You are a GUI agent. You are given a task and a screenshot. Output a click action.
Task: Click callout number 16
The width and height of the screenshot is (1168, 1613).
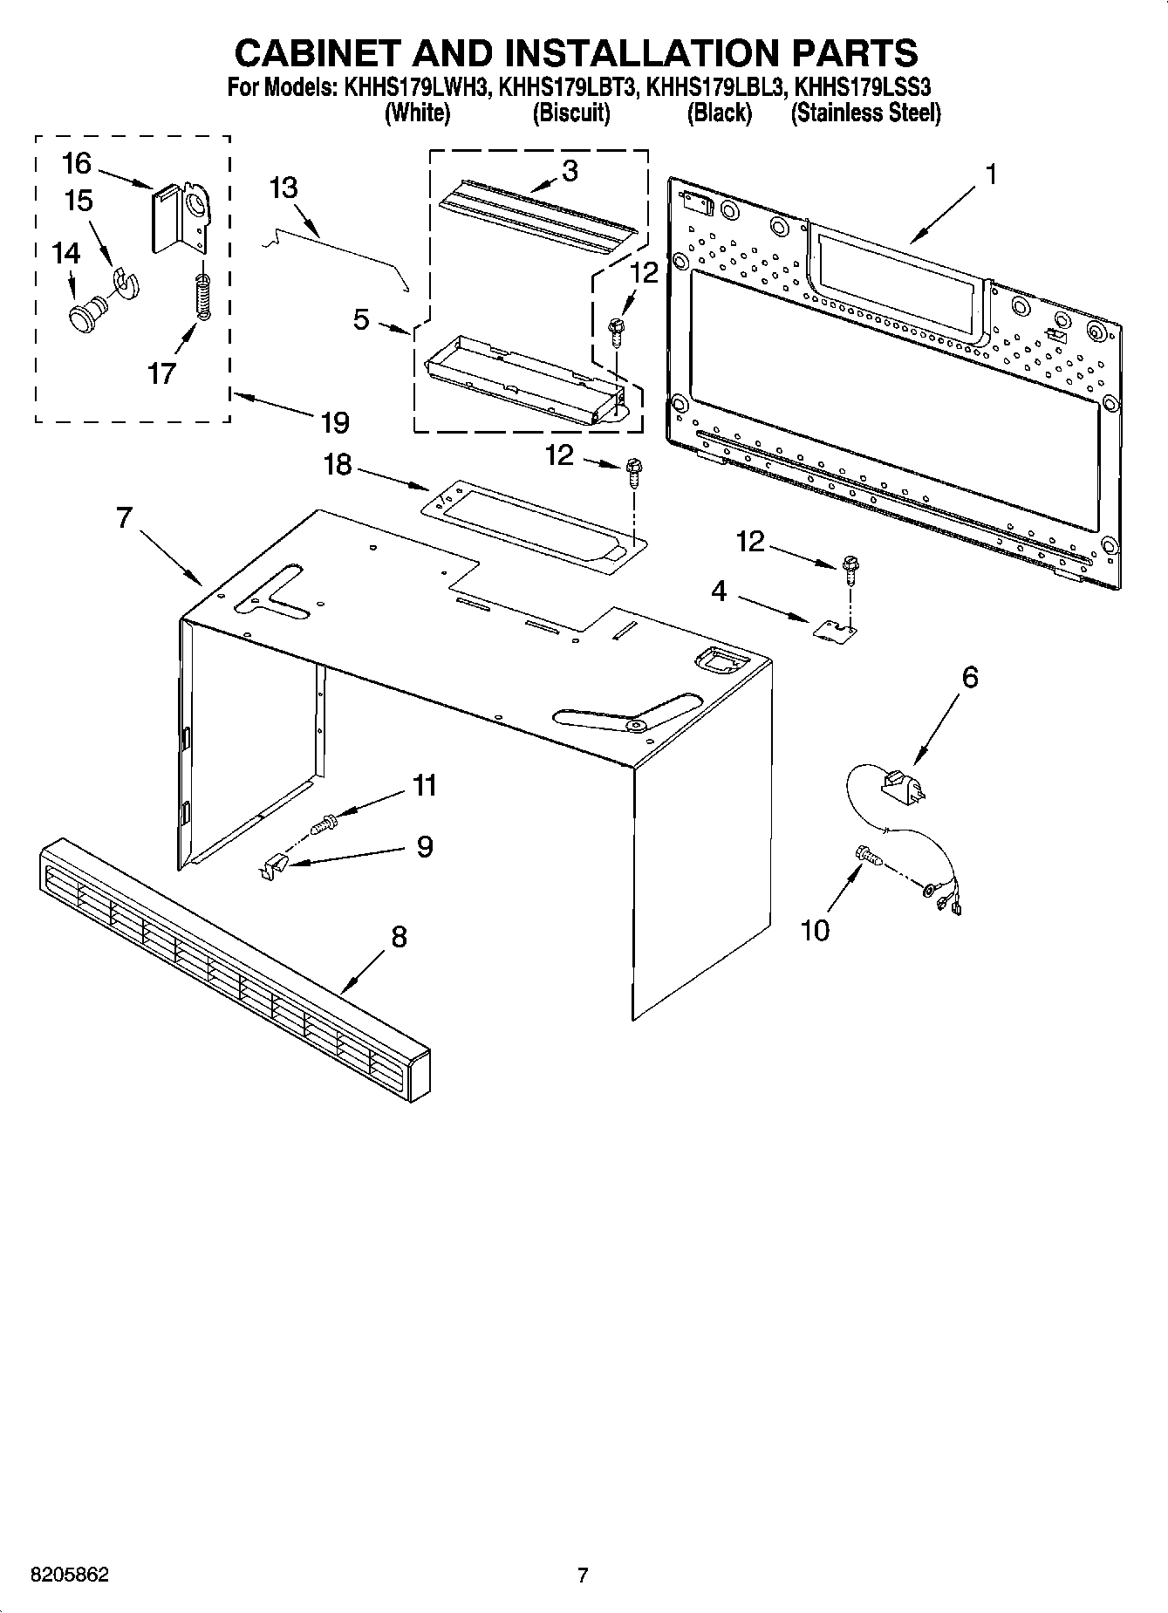(x=77, y=163)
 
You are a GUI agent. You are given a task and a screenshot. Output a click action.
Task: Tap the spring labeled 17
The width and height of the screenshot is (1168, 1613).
(x=202, y=297)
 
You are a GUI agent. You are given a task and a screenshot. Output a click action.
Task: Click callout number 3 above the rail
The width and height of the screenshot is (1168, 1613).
(x=570, y=170)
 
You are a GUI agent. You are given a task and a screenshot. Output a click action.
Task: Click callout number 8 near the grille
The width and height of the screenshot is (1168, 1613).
(x=398, y=937)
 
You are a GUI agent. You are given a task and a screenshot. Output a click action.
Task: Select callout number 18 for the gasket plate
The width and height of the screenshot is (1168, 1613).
(x=338, y=464)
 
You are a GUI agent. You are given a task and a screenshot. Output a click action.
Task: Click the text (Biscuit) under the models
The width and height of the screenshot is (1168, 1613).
(x=571, y=113)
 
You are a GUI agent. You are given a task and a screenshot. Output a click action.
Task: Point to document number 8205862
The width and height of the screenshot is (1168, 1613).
(x=70, y=1575)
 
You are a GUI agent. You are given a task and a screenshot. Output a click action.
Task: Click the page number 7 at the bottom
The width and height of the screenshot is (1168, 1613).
(x=583, y=1575)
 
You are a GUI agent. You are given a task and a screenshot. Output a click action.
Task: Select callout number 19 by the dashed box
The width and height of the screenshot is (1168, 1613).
(x=335, y=422)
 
